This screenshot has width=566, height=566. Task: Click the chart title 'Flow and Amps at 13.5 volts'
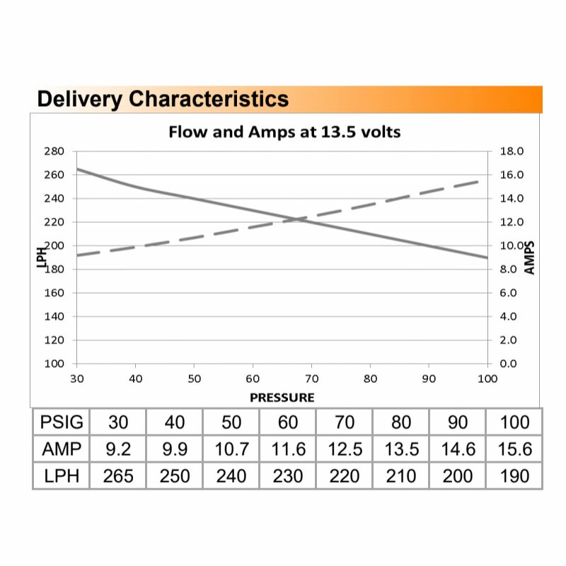coord(284,132)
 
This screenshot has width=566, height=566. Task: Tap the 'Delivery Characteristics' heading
coord(163,99)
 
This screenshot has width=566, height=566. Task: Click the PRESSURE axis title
coord(282,398)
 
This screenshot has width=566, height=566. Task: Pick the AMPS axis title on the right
coord(531,257)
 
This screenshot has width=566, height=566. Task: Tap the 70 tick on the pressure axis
coord(311,379)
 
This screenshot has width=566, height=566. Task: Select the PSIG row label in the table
coord(62,423)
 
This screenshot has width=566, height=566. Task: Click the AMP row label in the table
coord(62,449)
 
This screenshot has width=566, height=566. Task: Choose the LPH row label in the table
coord(62,476)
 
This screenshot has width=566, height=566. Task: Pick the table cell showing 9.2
coord(117,449)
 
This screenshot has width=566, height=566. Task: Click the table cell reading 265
coord(117,476)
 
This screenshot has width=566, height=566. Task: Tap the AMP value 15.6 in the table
coord(514,449)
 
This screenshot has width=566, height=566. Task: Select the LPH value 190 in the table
coord(514,476)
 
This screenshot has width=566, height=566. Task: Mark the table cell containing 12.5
coord(345,449)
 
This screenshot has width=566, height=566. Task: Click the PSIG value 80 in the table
coord(401,423)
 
